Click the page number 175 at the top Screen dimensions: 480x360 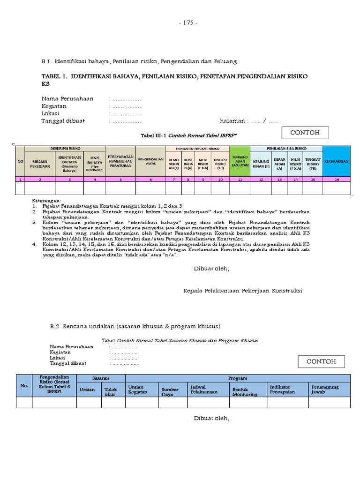click(x=188, y=22)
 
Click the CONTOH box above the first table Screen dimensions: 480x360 click(x=305, y=133)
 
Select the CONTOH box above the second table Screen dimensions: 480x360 click(x=321, y=361)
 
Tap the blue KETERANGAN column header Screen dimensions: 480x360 click(x=337, y=161)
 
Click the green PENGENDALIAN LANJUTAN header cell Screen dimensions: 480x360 click(x=240, y=161)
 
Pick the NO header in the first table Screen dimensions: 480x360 click(x=20, y=161)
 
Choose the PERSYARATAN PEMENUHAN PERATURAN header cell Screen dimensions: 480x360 click(x=120, y=161)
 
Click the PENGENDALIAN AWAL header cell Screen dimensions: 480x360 click(x=150, y=161)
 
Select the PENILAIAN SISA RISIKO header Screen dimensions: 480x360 click(x=286, y=148)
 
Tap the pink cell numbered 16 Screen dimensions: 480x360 click(x=337, y=179)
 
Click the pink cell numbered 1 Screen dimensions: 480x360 click(x=20, y=179)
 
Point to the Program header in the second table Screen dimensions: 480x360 click(x=238, y=378)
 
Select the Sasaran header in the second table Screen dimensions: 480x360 click(x=101, y=378)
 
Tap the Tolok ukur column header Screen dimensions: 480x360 click(x=111, y=392)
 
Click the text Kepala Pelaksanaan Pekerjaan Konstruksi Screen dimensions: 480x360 click(x=242, y=291)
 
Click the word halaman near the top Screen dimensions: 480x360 click(x=233, y=121)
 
